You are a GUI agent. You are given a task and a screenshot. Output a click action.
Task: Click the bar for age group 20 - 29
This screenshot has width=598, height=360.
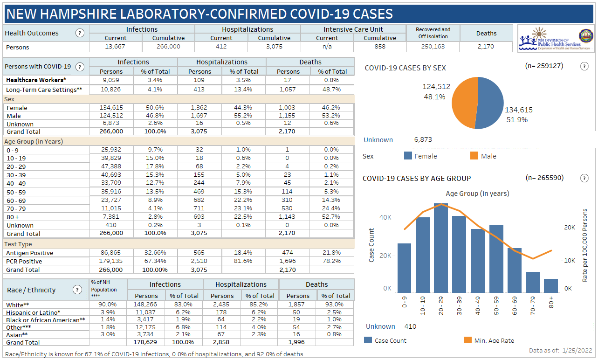441,247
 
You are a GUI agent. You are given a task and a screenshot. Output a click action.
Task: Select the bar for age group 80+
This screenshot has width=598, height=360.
551,286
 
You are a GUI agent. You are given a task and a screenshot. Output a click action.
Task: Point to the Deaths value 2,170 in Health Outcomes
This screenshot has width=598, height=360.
486,47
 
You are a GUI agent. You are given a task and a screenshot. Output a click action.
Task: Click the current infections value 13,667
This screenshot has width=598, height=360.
115,47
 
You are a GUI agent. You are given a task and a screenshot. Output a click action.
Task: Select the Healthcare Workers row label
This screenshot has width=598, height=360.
36,80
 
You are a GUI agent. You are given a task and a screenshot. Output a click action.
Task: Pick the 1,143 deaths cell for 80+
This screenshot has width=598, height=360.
288,217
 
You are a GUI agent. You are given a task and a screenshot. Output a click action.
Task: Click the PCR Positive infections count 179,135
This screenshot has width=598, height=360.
111,261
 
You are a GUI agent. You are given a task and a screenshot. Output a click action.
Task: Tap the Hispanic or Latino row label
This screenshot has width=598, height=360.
34,312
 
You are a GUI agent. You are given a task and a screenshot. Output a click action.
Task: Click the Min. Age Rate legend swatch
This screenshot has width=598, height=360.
467,340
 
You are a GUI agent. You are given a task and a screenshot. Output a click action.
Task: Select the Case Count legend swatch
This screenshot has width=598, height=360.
368,340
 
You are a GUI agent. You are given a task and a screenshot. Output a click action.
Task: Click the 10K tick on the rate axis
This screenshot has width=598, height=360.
569,260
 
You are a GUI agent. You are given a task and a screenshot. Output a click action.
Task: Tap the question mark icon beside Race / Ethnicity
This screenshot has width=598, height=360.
77,290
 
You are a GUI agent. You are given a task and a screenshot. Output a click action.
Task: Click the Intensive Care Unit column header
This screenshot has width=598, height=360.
353,29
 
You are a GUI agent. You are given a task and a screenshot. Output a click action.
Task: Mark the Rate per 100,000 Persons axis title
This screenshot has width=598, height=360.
585,245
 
